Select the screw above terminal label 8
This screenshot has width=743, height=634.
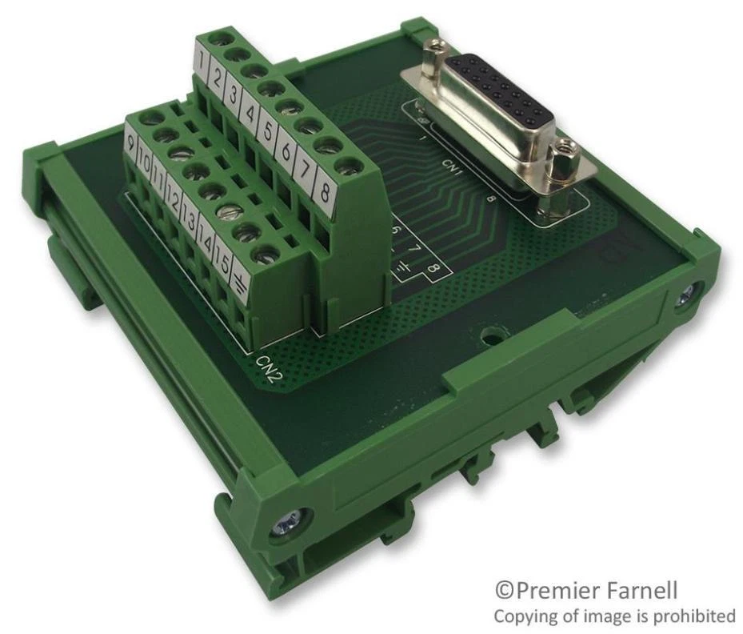(x=345, y=167)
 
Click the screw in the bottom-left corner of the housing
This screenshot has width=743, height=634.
(x=283, y=524)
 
